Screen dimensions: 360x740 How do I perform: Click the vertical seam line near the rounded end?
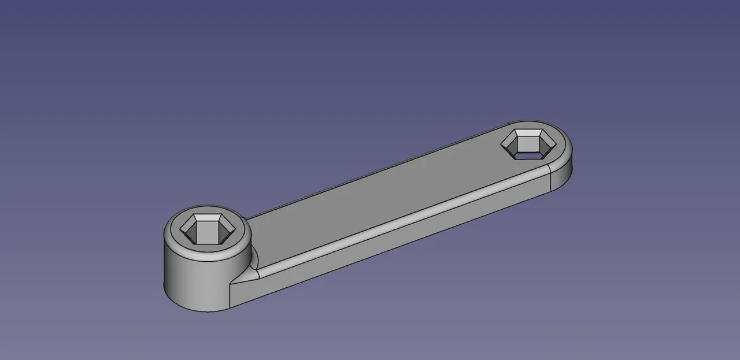(549, 179)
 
